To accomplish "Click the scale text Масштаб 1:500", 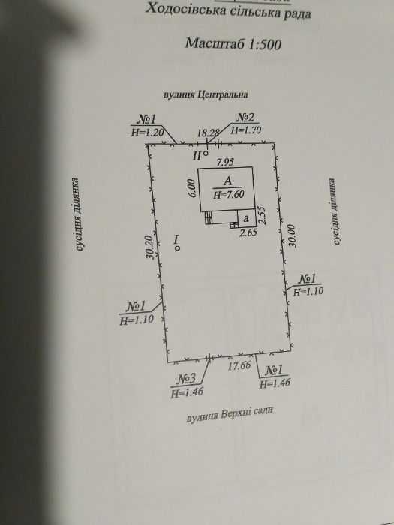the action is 233,43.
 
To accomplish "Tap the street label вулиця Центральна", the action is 206,94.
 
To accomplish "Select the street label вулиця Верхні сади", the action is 230,415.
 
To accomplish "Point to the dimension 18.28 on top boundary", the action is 207,133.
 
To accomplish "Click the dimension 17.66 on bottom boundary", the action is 239,366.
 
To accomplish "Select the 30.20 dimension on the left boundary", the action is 151,247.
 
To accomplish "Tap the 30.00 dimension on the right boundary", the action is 293,235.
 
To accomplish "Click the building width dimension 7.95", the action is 225,163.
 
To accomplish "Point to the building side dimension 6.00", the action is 192,188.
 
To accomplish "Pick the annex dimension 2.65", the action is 248,232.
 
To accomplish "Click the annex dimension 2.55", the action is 262,216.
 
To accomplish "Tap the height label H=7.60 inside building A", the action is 229,194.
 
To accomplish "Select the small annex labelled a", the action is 247,218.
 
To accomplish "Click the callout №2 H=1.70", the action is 246,124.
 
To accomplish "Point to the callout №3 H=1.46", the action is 187,385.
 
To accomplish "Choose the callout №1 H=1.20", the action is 147,125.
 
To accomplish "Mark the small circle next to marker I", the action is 177,248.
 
